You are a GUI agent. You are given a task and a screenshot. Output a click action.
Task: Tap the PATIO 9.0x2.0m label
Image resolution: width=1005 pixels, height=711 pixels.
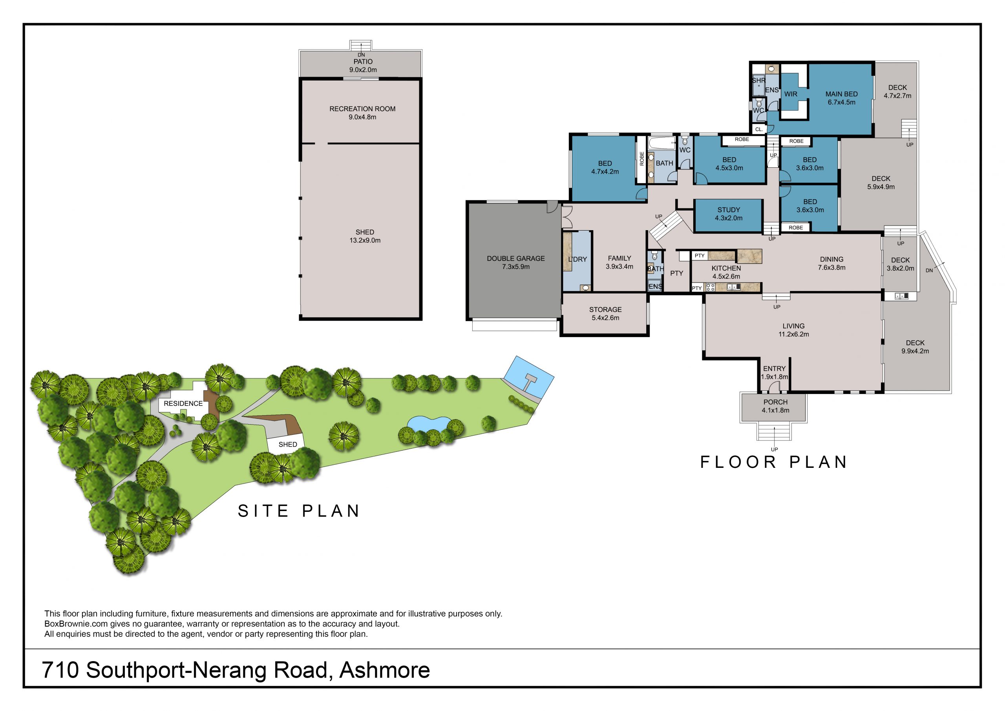[363, 66]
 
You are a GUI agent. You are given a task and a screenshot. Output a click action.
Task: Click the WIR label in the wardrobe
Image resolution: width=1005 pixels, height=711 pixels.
[791, 94]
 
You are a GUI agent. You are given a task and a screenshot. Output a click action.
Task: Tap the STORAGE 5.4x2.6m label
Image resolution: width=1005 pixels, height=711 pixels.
[605, 313]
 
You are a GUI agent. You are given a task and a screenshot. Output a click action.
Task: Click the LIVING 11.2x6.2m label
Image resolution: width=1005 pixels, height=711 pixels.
[793, 330]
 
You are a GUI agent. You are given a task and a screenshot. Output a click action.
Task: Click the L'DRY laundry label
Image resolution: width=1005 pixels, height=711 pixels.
[577, 259]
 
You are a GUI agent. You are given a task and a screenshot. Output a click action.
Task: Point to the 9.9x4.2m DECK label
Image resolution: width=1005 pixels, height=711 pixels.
[915, 347]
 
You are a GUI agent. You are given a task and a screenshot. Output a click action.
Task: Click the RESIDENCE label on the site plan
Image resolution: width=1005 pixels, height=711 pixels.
[183, 403]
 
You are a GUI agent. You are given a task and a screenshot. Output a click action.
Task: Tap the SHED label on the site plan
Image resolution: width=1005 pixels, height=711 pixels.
[288, 444]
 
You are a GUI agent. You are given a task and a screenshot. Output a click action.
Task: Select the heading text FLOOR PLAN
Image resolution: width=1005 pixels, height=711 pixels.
[773, 462]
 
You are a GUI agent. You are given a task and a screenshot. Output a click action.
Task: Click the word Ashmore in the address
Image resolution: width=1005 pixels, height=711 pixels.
[385, 670]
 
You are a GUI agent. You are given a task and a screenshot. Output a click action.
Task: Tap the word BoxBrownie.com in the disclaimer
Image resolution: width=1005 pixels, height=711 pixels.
[76, 624]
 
